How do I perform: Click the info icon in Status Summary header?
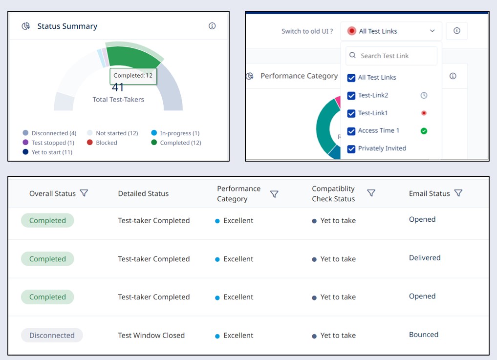point(212,26)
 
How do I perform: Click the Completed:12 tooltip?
point(133,76)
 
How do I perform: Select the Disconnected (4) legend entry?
point(49,133)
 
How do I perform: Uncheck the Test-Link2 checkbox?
point(351,95)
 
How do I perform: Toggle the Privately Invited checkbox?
point(351,148)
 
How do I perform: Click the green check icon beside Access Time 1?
point(424,131)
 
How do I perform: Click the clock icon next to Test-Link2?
point(424,95)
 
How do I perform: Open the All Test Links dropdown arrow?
point(432,31)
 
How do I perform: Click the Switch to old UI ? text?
point(307,31)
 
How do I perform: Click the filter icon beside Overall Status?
point(84,193)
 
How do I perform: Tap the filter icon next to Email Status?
point(458,193)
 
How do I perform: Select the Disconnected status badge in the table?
point(52,335)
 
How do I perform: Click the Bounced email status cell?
point(423,335)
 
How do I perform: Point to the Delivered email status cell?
point(425,257)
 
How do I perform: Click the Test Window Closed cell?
point(151,335)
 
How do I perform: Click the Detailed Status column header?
point(143,193)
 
